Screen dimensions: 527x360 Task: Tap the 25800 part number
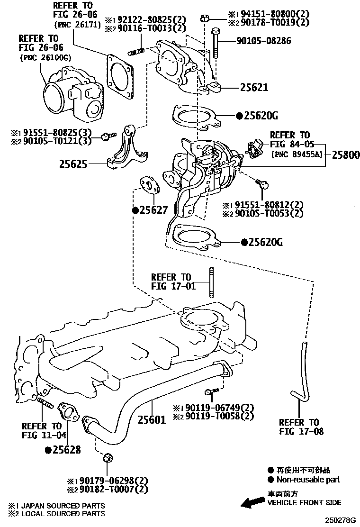pyautogui.click(x=345, y=155)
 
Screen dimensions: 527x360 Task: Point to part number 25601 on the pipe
pyautogui.click(x=152, y=419)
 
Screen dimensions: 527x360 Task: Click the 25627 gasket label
pyautogui.click(x=153, y=209)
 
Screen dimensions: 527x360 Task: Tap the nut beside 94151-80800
pyautogui.click(x=205, y=19)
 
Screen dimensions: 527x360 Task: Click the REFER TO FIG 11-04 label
pyautogui.click(x=42, y=430)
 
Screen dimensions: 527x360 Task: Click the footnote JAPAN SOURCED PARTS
pyautogui.click(x=61, y=506)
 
